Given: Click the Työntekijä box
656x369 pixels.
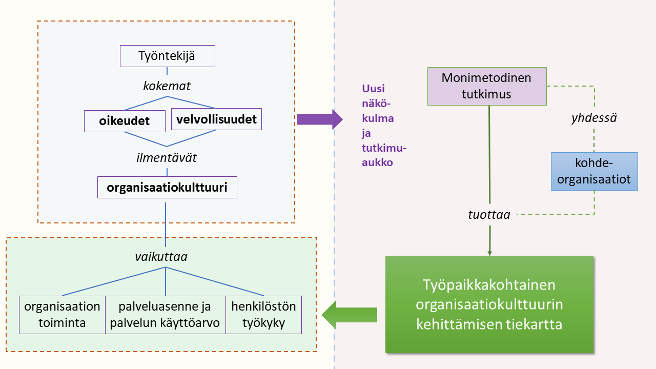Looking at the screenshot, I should click(167, 56).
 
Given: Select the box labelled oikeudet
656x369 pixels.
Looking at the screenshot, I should click(124, 121).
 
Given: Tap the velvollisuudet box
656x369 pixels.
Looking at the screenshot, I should click(216, 119).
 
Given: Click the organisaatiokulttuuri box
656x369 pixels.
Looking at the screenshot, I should click(168, 188).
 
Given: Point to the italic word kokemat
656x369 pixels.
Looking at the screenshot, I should click(167, 86).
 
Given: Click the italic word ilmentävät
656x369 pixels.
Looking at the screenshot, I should click(167, 158).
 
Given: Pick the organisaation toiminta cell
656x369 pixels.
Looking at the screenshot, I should click(62, 315).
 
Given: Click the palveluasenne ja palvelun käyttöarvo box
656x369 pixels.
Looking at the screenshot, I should click(165, 315).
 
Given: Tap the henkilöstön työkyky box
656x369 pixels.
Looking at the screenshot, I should click(264, 315).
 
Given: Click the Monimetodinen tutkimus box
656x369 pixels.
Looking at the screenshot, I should click(487, 86).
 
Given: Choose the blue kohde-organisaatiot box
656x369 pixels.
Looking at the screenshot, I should click(594, 172).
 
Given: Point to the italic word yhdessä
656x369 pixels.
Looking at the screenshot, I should click(593, 118).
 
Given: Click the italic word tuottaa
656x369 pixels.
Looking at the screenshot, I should click(489, 215).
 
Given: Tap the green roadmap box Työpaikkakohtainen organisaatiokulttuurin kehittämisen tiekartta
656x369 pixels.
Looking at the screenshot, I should click(489, 304).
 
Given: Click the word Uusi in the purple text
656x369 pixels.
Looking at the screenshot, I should click(373, 88).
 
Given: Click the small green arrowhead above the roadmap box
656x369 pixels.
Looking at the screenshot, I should click(490, 252).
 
